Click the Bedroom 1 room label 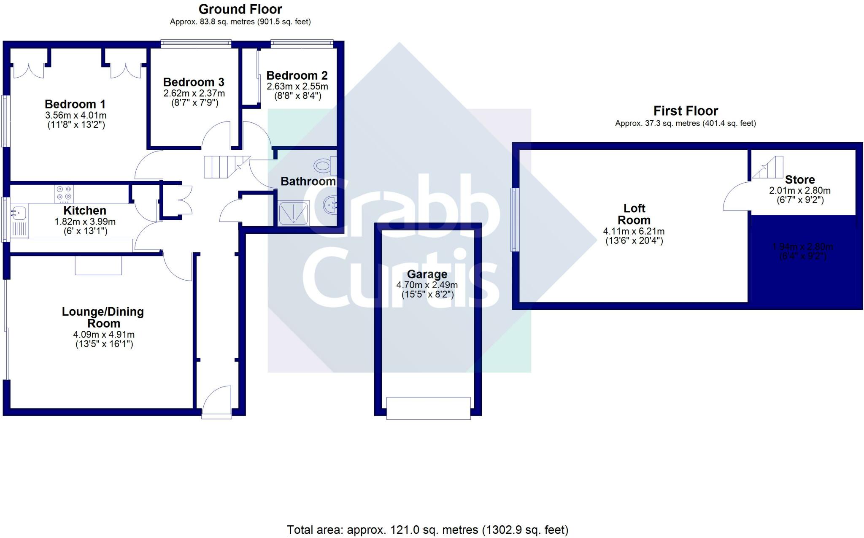point(75,104)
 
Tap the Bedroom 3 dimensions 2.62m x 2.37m point(194,93)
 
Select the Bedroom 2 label point(297,76)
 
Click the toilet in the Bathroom point(325,165)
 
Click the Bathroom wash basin point(330,205)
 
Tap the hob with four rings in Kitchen point(64,194)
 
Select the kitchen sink point(19,212)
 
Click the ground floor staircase point(222,167)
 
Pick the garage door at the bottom point(428,408)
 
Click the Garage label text point(427,274)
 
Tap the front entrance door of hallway point(217,402)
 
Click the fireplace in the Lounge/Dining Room point(98,265)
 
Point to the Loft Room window point(515,219)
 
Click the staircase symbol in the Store point(768,168)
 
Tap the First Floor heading point(686,111)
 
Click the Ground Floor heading point(240,9)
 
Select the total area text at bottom point(427,530)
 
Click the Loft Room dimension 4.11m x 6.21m point(634,231)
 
